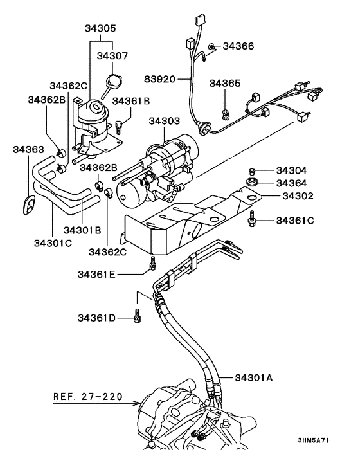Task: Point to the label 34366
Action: (x=239, y=46)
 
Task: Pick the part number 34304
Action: (x=291, y=171)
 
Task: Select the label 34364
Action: (x=291, y=183)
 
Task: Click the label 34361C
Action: (x=294, y=221)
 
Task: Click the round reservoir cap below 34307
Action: (x=115, y=81)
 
